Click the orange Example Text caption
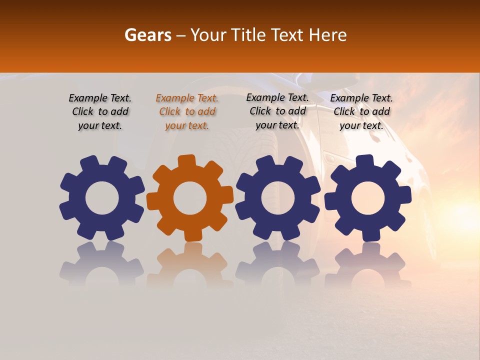tap(187, 111)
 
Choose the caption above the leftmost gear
tap(100, 111)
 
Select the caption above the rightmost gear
tap(361, 111)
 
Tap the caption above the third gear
tap(277, 111)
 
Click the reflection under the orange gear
tap(190, 262)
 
